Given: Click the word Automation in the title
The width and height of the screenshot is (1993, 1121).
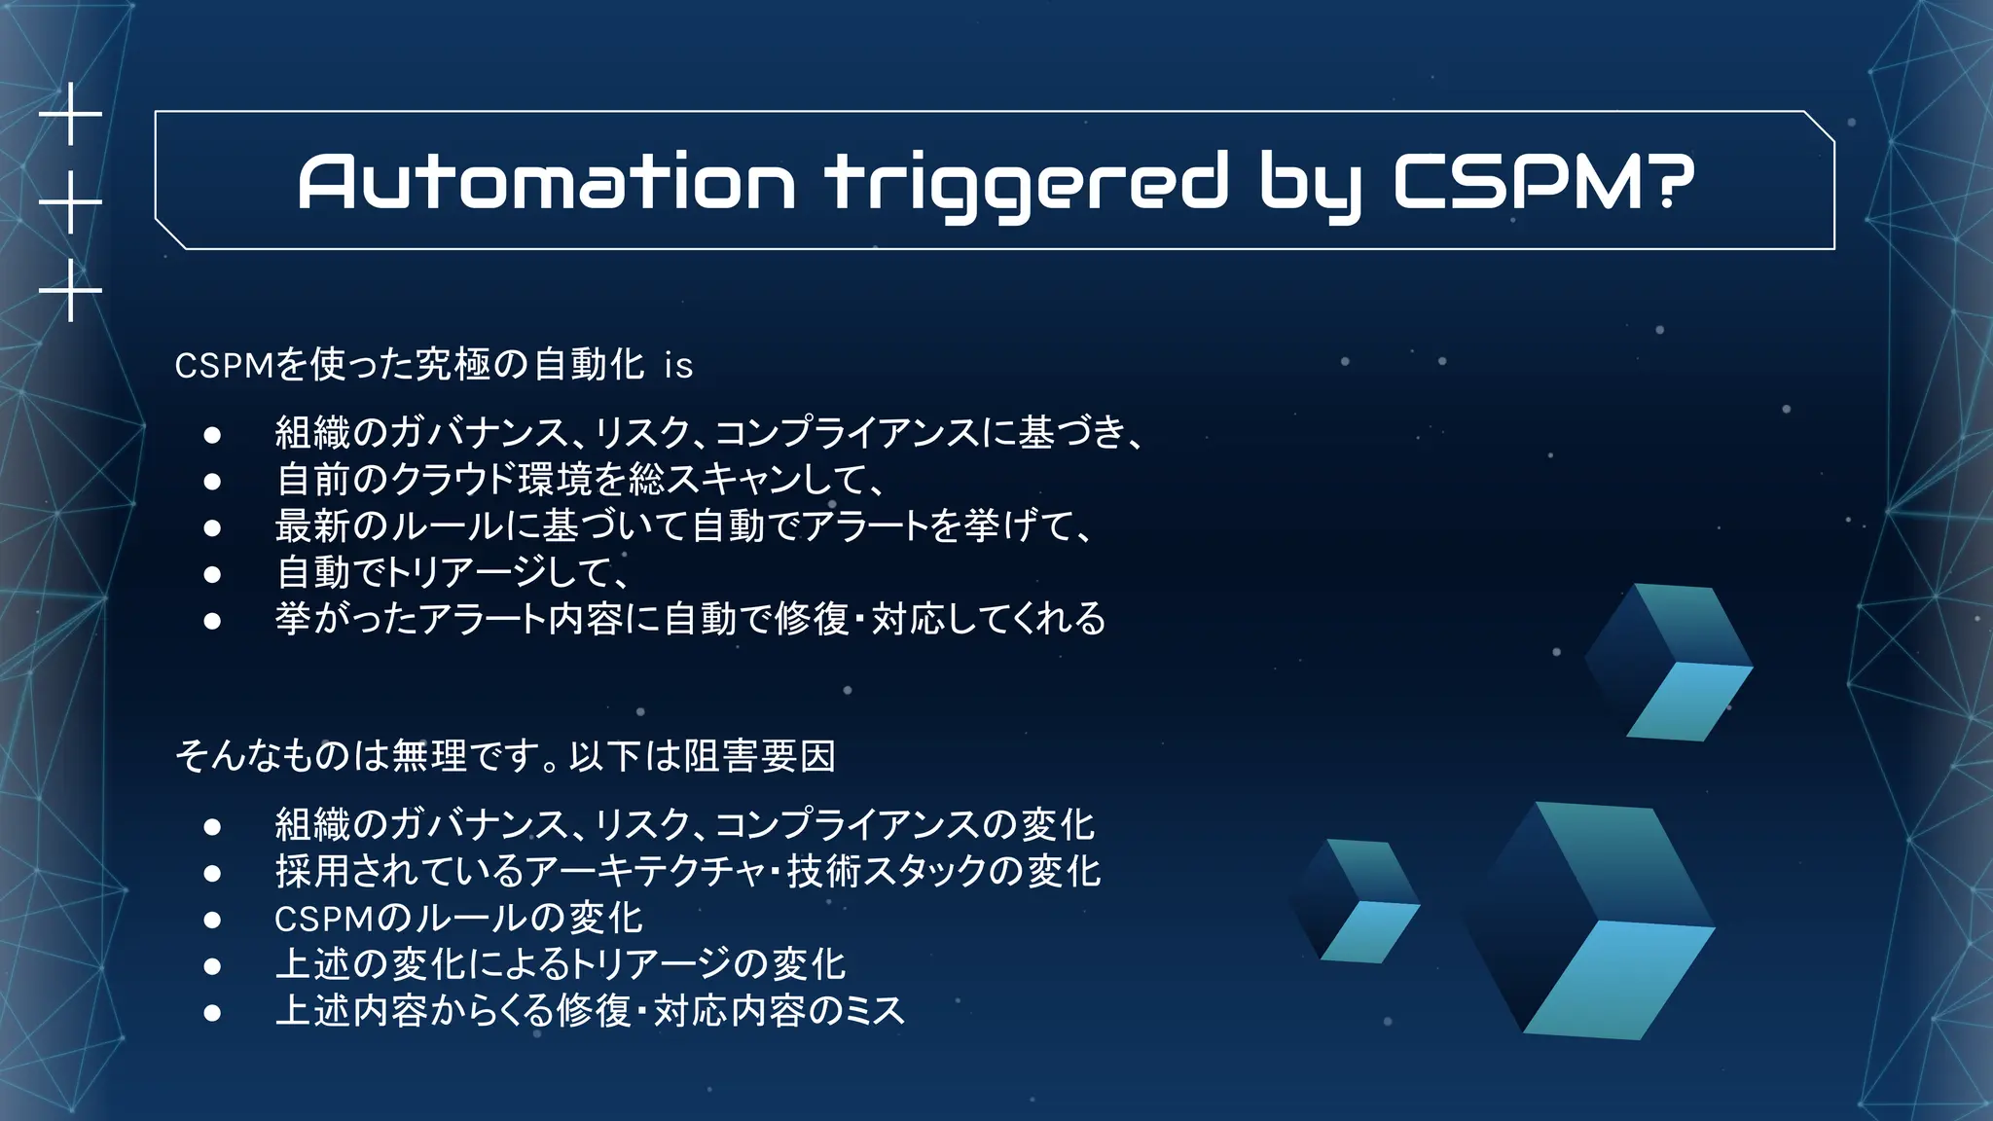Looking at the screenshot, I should pos(545,182).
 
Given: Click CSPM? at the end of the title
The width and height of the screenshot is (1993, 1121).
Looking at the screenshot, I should pos(1543,182).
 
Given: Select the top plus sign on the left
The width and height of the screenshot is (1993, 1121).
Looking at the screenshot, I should pos(70,115).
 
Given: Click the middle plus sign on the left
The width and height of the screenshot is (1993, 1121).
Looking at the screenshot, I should pos(70,202).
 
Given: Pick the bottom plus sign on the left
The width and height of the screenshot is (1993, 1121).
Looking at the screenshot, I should pos(70,290).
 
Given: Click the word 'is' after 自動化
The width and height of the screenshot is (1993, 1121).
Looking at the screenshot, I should pos(678,366).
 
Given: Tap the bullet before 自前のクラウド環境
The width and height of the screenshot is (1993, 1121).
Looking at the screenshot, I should pos(212,481).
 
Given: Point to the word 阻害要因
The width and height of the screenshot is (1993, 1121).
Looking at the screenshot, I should pos(759,756).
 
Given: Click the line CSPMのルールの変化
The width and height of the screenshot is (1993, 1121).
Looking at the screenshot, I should pos(458,918).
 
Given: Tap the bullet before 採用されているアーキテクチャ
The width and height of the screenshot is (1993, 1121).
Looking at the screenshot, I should pos(212,873).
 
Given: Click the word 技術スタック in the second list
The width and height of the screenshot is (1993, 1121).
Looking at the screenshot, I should pos(886,871).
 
